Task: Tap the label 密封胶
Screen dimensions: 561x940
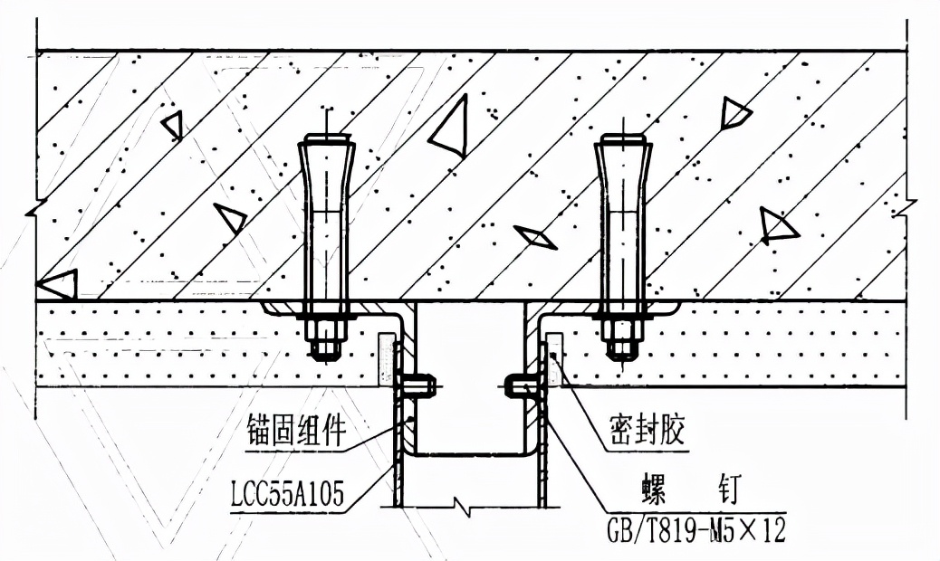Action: click(x=644, y=433)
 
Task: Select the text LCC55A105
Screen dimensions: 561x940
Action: click(x=289, y=495)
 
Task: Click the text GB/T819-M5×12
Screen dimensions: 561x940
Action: click(x=695, y=530)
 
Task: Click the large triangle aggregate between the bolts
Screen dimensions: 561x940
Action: click(x=451, y=129)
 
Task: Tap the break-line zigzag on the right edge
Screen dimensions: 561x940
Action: click(x=900, y=210)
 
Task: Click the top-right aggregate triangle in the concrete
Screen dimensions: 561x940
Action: click(x=734, y=112)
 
